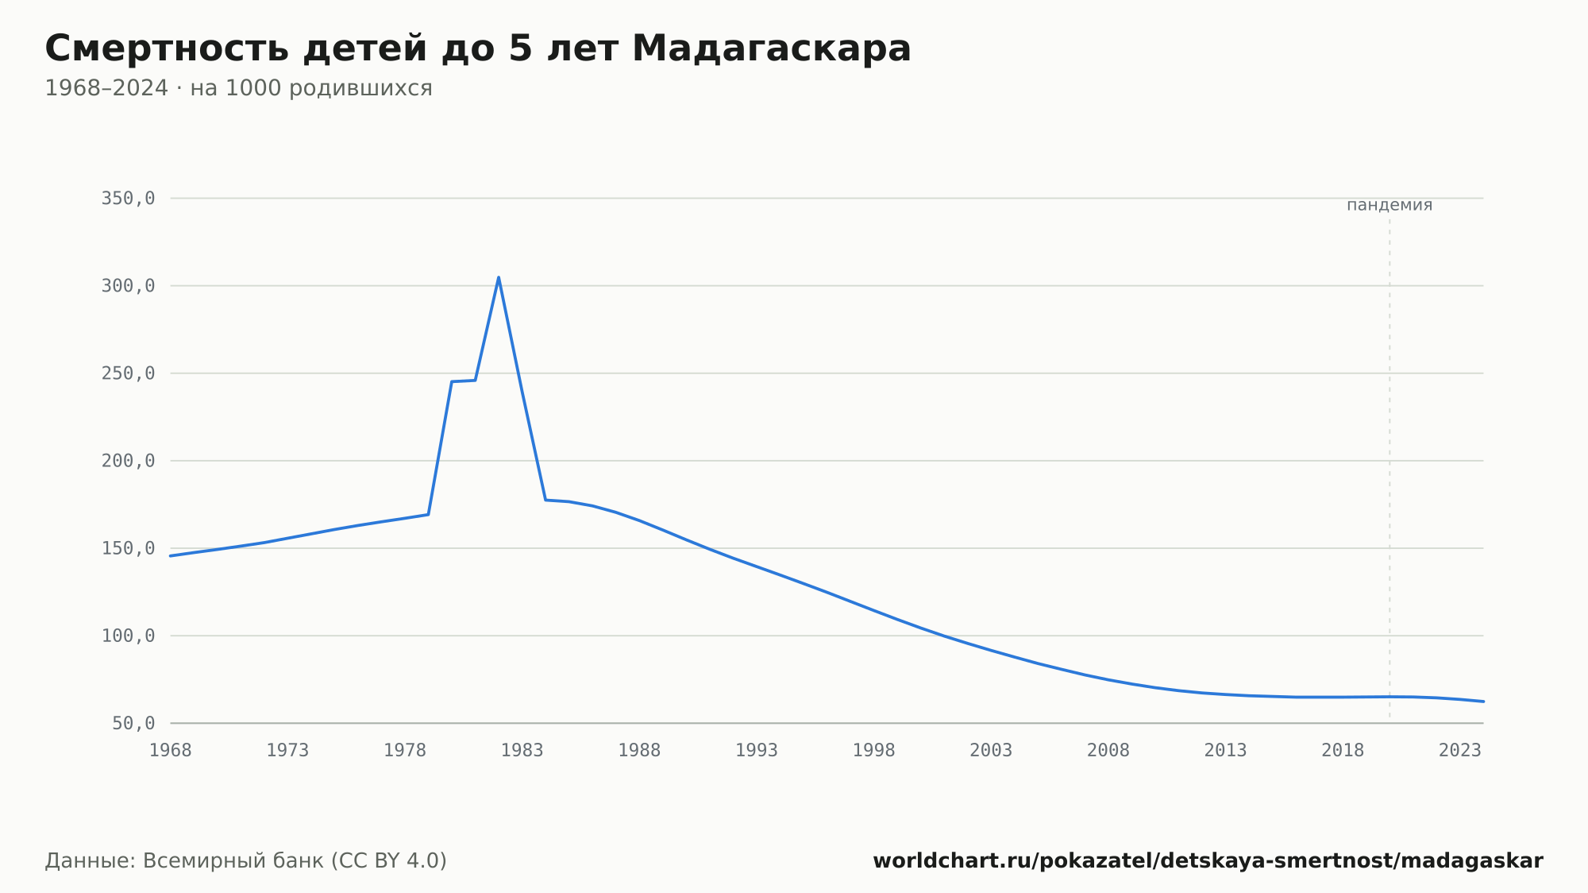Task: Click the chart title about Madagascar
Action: pos(478,49)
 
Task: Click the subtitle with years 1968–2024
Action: pos(238,88)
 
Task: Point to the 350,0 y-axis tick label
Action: pos(128,199)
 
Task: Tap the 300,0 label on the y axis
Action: pos(128,286)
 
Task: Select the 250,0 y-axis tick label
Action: pos(128,373)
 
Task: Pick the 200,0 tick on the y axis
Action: pos(128,461)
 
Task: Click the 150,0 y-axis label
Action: pos(128,548)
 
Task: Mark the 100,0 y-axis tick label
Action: pos(128,636)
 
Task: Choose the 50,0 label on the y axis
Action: pos(133,723)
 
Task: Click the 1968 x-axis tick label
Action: pos(171,751)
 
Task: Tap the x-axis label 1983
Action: pos(522,751)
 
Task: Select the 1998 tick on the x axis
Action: pos(874,751)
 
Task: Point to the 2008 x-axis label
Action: pos(1108,751)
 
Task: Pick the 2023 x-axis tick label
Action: pos(1460,751)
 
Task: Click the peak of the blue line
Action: pos(499,277)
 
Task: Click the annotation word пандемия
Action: pos(1389,205)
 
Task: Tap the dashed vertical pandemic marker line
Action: pos(1389,469)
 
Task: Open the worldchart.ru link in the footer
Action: pos(1208,860)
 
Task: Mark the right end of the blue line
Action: pos(1483,702)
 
